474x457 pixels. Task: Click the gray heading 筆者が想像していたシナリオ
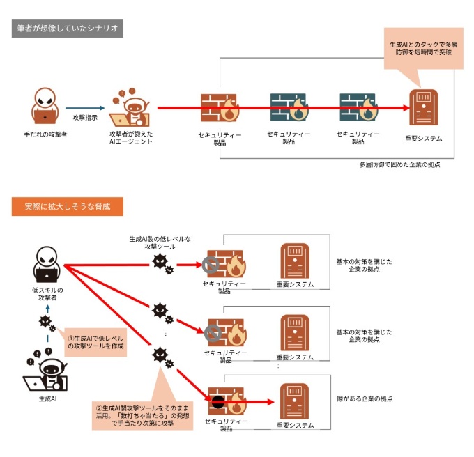coord(68,29)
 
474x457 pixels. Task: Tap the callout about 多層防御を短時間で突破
coord(425,48)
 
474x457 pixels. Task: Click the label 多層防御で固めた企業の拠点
coord(399,165)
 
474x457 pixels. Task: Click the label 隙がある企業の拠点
coord(364,398)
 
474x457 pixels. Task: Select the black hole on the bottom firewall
coord(217,402)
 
